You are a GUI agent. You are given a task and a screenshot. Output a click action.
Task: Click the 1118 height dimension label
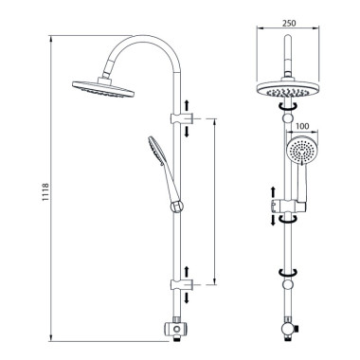(45, 192)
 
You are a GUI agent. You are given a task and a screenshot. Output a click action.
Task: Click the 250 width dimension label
(288, 23)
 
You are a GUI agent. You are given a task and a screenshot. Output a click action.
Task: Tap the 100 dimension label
(303, 126)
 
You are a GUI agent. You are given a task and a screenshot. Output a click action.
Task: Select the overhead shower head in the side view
(103, 88)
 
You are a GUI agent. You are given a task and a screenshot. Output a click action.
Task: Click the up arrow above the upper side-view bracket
(187, 105)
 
